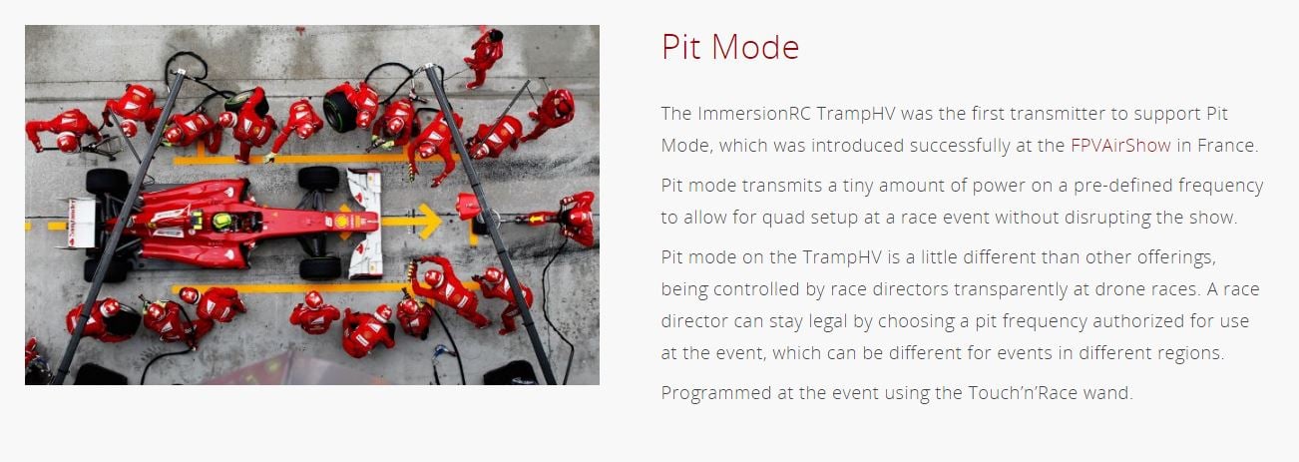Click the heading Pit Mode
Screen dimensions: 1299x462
(x=730, y=47)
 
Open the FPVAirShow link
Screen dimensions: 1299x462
(x=1120, y=145)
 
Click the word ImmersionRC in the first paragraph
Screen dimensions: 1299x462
(x=754, y=113)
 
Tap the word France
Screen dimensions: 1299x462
(x=1228, y=145)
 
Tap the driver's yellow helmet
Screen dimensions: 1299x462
(x=222, y=221)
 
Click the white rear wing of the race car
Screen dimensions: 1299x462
(x=80, y=223)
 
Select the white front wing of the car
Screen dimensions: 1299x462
(x=366, y=223)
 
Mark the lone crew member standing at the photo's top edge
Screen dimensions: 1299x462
(x=484, y=57)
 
